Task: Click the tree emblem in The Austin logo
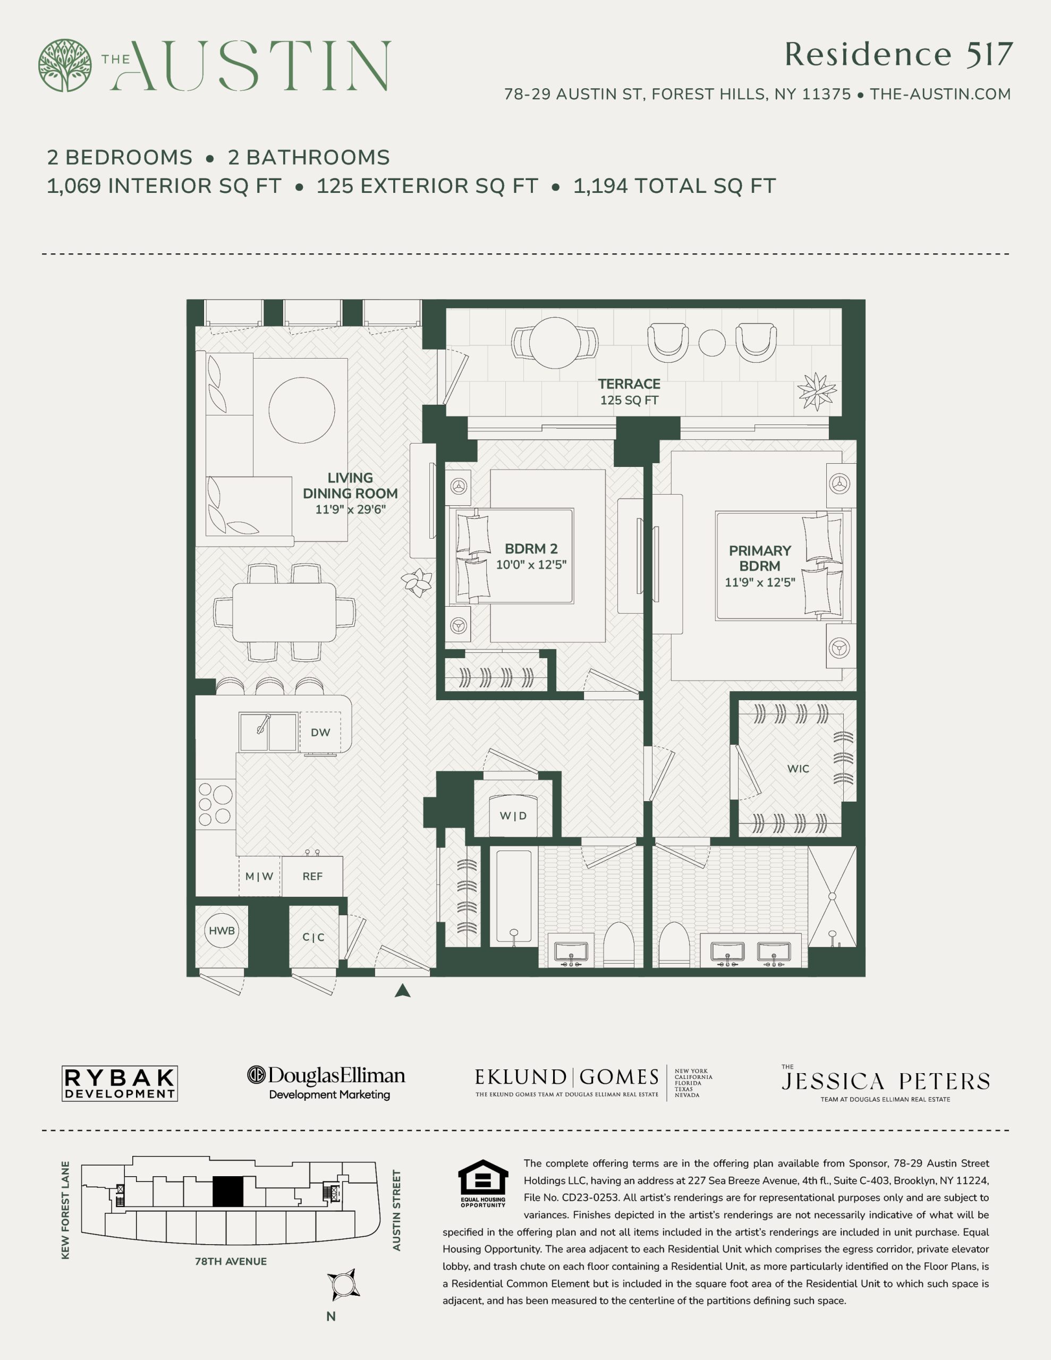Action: pyautogui.click(x=65, y=65)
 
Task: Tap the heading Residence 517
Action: pyautogui.click(x=899, y=54)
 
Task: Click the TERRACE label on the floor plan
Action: pyautogui.click(x=629, y=384)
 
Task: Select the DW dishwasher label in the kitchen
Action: pyautogui.click(x=320, y=732)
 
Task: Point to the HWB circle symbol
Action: pyautogui.click(x=222, y=930)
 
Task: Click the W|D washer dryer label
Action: pyautogui.click(x=513, y=816)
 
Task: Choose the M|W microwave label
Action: pyautogui.click(x=259, y=876)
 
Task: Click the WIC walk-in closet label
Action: pyautogui.click(x=798, y=768)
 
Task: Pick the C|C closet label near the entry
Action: pyautogui.click(x=313, y=937)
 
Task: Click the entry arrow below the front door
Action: pyautogui.click(x=402, y=990)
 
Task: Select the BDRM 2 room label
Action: pyautogui.click(x=531, y=549)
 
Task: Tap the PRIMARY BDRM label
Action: pyautogui.click(x=759, y=558)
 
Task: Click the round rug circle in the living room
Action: pyautogui.click(x=301, y=410)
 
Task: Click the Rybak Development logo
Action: pyautogui.click(x=120, y=1084)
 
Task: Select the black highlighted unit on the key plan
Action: pyautogui.click(x=227, y=1191)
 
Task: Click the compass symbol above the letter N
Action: pyautogui.click(x=343, y=1285)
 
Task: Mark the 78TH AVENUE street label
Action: pyautogui.click(x=231, y=1261)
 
